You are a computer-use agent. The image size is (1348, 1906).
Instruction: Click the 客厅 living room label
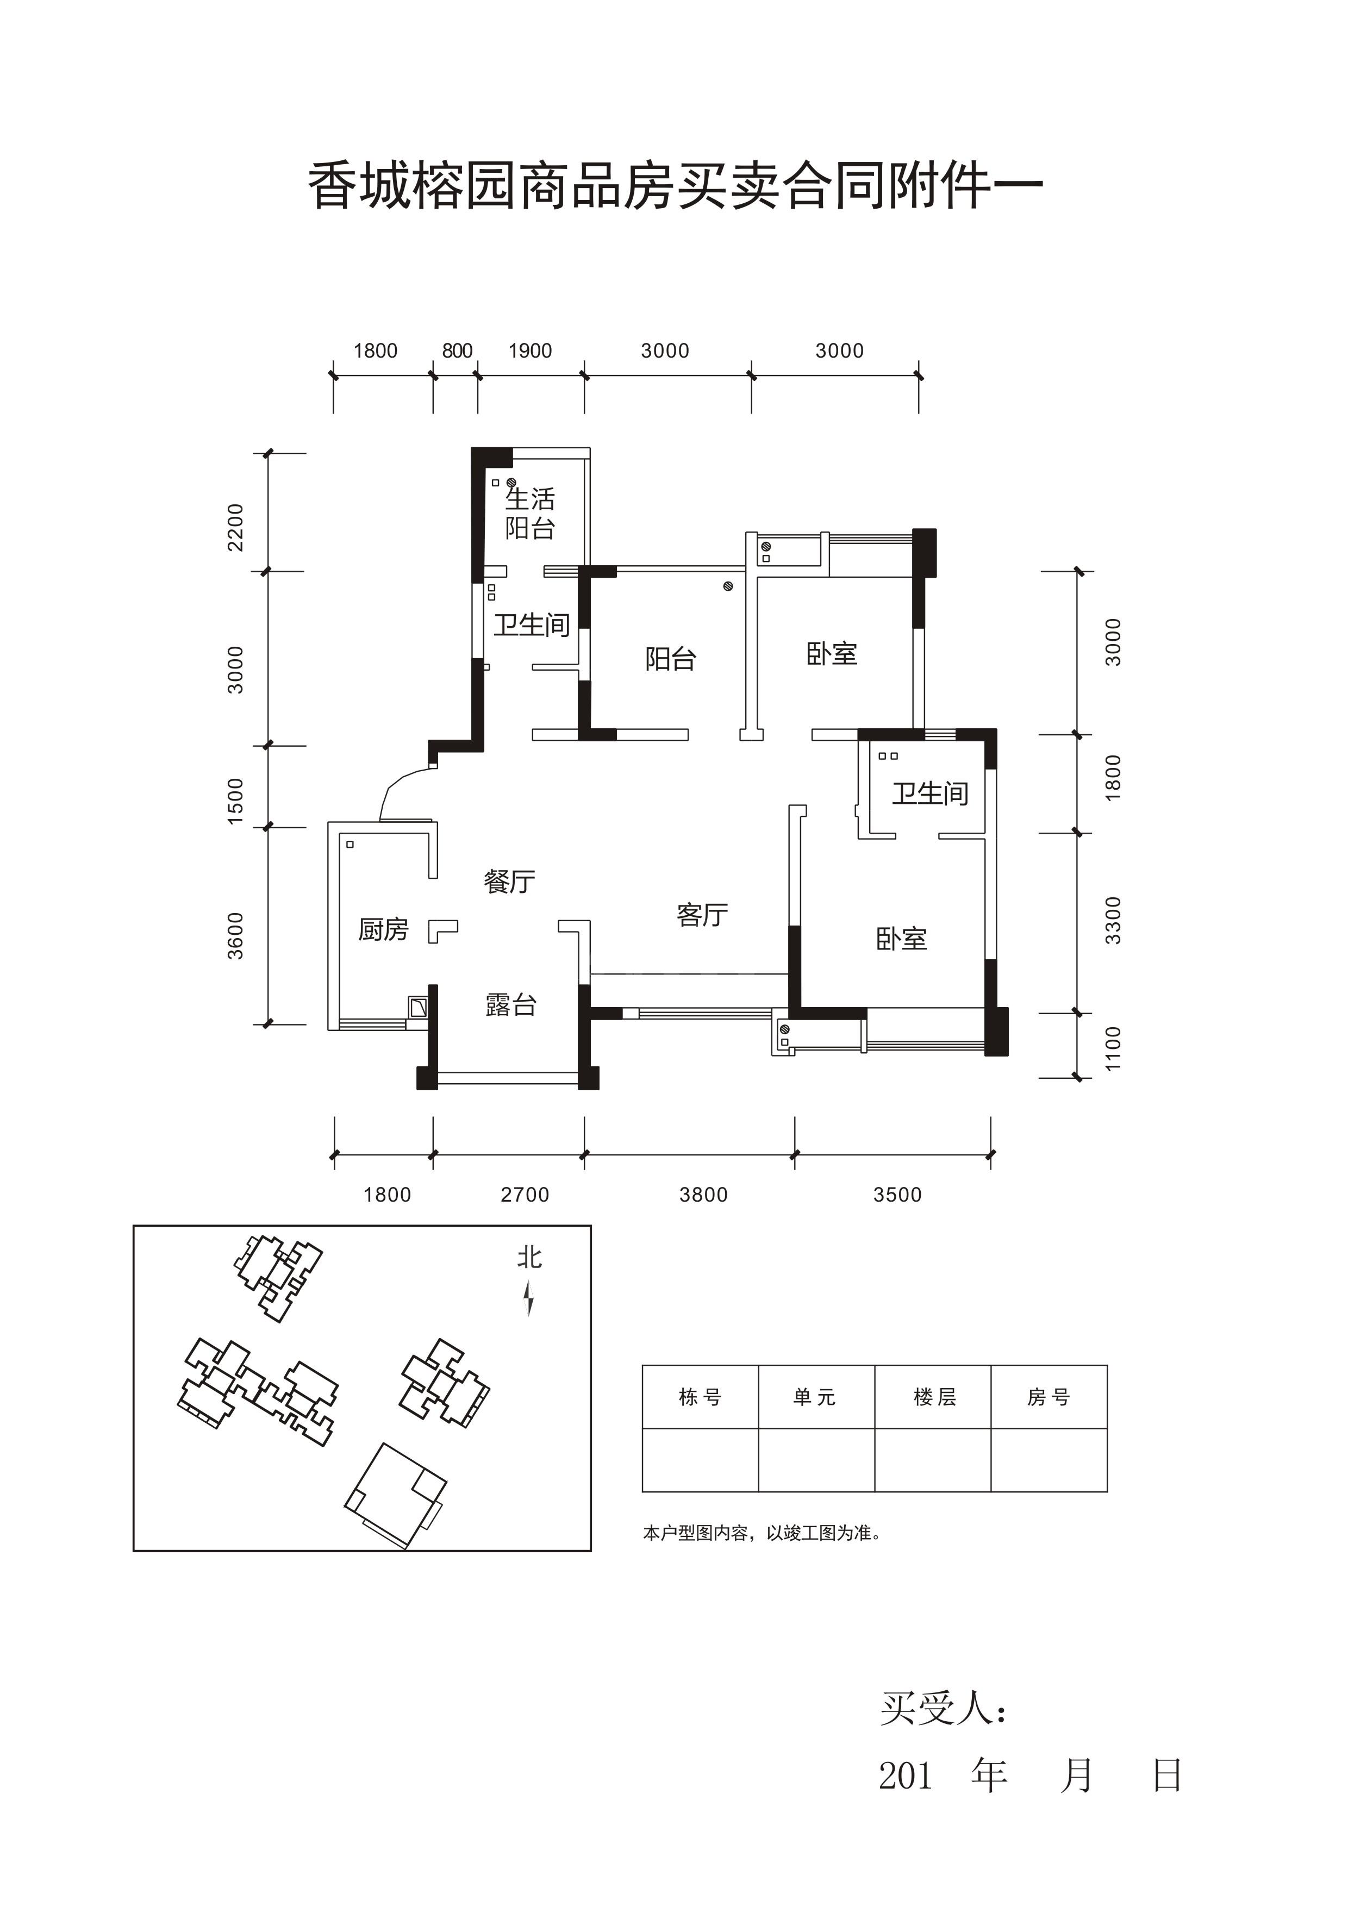click(702, 915)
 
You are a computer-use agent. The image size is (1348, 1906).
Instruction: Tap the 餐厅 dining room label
click(510, 881)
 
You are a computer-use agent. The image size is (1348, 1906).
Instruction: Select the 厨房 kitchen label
click(384, 929)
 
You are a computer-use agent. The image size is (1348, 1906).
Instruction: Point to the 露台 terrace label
click(510, 1004)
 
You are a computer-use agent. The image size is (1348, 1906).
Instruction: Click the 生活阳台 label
click(529, 513)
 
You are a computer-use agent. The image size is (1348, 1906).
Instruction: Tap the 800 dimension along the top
click(457, 351)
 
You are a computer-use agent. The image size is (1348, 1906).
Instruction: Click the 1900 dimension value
click(531, 351)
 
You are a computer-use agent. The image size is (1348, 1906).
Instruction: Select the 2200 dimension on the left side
click(236, 527)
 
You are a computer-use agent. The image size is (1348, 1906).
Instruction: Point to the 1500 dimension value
click(236, 801)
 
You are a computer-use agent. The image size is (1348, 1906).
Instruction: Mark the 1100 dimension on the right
click(1113, 1048)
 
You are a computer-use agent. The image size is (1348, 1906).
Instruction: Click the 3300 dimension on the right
click(1113, 921)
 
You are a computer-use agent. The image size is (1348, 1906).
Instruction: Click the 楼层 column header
click(935, 1397)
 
